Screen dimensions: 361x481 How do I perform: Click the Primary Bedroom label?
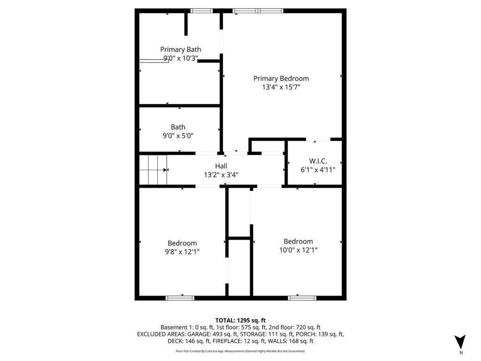pyautogui.click(x=281, y=78)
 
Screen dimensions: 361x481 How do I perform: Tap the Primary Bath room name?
pyautogui.click(x=180, y=49)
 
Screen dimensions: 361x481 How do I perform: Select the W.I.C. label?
pyautogui.click(x=318, y=161)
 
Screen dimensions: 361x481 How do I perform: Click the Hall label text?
pyautogui.click(x=221, y=166)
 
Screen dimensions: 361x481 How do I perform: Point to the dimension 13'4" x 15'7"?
pyautogui.click(x=281, y=87)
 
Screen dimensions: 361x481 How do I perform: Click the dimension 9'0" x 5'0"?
pyautogui.click(x=178, y=135)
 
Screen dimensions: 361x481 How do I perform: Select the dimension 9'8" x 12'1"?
pyautogui.click(x=182, y=251)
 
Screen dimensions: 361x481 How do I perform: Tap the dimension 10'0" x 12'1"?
pyautogui.click(x=298, y=250)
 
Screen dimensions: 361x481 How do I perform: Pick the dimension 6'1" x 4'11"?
pyautogui.click(x=318, y=170)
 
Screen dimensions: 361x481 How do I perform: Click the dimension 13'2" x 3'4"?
pyautogui.click(x=221, y=175)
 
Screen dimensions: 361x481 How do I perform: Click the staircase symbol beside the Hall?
pyautogui.click(x=153, y=170)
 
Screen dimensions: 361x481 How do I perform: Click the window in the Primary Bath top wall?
pyautogui.click(x=202, y=11)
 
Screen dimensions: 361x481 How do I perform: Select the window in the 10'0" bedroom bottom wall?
pyautogui.click(x=302, y=298)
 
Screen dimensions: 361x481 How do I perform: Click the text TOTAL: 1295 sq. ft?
pyautogui.click(x=240, y=320)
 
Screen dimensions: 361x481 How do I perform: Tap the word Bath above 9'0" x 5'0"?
pyautogui.click(x=178, y=127)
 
